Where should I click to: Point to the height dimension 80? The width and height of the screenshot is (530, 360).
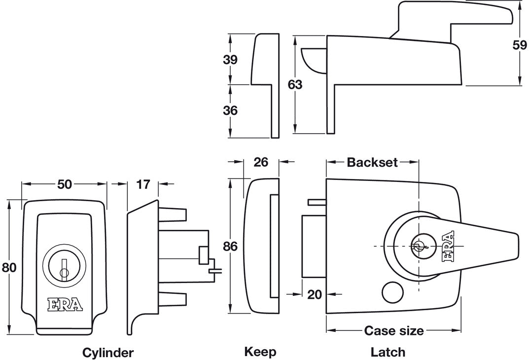[x=9, y=267]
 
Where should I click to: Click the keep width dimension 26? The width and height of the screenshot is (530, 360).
[x=261, y=162]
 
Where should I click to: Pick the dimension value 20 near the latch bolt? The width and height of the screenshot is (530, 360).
[x=315, y=294]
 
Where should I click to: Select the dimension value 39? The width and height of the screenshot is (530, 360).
[x=230, y=60]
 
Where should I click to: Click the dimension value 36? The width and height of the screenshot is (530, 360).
[x=230, y=110]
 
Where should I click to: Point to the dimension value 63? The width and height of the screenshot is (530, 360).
[x=295, y=84]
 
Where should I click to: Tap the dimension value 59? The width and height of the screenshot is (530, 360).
[x=520, y=45]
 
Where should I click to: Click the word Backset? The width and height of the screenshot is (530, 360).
[x=372, y=162]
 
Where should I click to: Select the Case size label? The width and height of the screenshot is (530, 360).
[x=393, y=330]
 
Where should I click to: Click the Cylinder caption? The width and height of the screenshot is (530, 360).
[x=107, y=352]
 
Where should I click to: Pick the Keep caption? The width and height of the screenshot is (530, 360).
[x=260, y=352]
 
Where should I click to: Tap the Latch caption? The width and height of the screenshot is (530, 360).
[x=388, y=352]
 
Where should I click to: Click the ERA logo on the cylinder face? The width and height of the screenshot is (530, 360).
[x=65, y=304]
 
